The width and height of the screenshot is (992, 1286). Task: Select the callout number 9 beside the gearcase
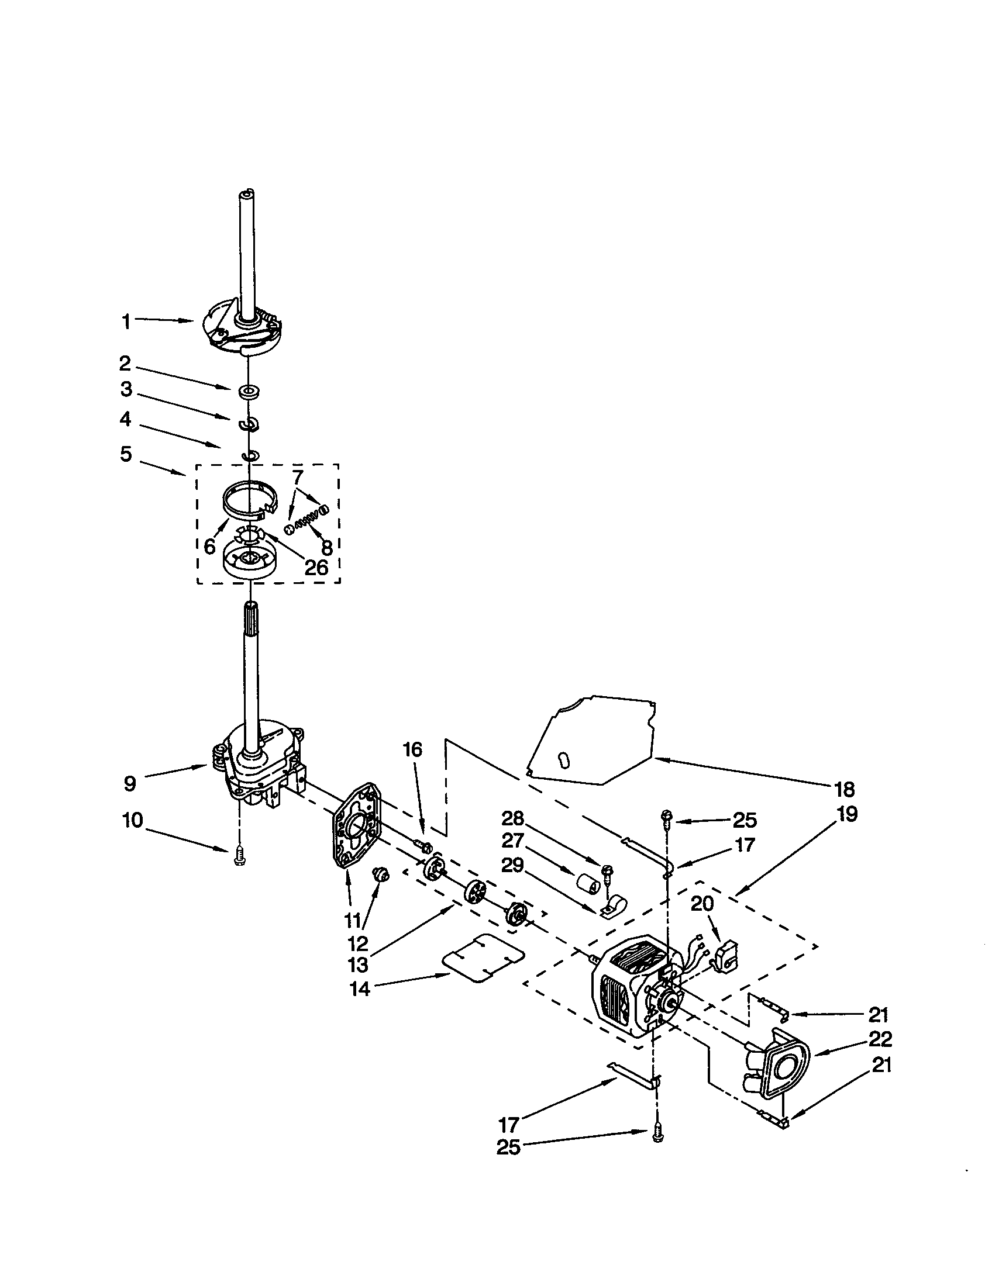130,783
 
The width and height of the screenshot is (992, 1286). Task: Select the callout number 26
315,568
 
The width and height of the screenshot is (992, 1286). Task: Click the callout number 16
412,749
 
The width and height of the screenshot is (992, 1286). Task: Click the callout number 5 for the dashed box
126,455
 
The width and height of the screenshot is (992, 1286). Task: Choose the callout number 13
359,964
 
